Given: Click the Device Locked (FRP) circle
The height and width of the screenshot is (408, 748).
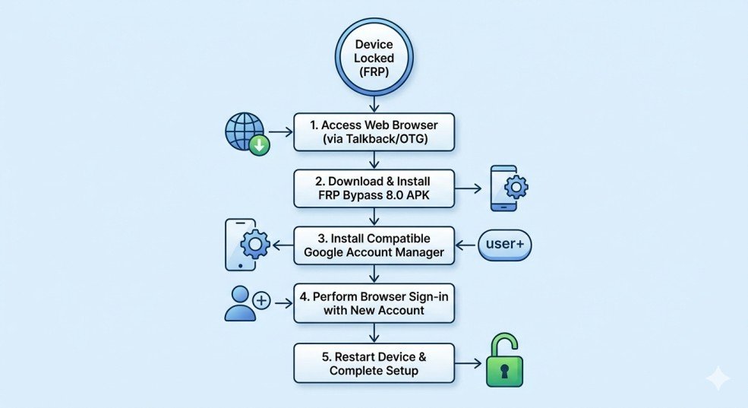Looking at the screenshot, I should (374, 57).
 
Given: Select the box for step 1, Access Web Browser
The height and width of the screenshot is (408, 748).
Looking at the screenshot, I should (374, 131).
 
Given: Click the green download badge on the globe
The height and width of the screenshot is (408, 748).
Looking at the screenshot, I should (260, 144).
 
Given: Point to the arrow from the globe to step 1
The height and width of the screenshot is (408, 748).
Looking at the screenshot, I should (281, 131).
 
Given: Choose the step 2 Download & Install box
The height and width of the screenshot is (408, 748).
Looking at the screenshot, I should (374, 188).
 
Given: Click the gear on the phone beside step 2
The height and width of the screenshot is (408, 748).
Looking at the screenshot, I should (516, 186).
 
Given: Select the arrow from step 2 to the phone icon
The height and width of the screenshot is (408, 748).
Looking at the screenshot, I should (469, 188).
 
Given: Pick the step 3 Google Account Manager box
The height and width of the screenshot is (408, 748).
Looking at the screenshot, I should (374, 245).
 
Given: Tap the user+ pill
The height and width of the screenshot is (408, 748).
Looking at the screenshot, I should (505, 245).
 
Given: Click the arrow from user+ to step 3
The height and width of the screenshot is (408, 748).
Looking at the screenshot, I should (466, 245).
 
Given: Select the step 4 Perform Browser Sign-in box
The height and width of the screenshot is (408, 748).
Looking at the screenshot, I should (374, 303).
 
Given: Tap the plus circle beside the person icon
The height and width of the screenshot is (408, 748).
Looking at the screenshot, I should (261, 301).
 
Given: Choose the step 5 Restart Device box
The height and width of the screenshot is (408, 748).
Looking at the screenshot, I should (374, 362).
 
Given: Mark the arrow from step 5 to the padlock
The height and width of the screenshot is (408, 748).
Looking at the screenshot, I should (469, 362).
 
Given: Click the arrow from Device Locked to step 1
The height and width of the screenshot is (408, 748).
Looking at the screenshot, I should (374, 103).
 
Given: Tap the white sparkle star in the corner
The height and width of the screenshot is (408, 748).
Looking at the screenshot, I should (717, 378).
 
